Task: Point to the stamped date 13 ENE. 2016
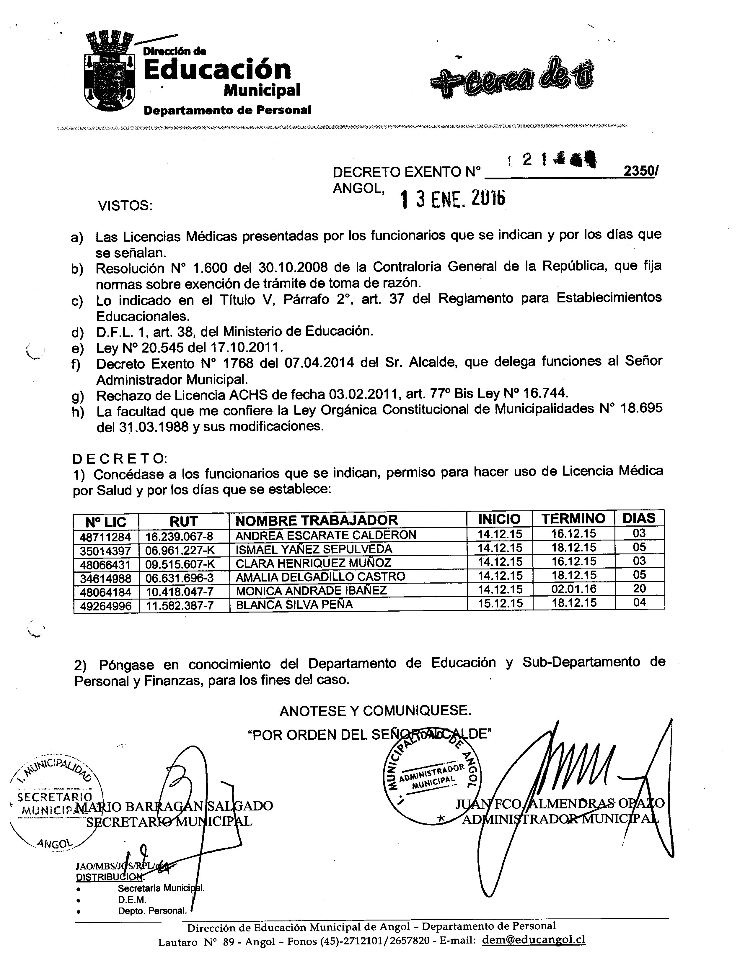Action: (x=452, y=200)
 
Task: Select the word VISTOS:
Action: (x=125, y=206)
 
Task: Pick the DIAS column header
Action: (x=639, y=518)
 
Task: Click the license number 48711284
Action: (x=105, y=537)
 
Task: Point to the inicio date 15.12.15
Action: (x=500, y=603)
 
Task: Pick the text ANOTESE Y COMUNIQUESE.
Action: (x=375, y=711)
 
